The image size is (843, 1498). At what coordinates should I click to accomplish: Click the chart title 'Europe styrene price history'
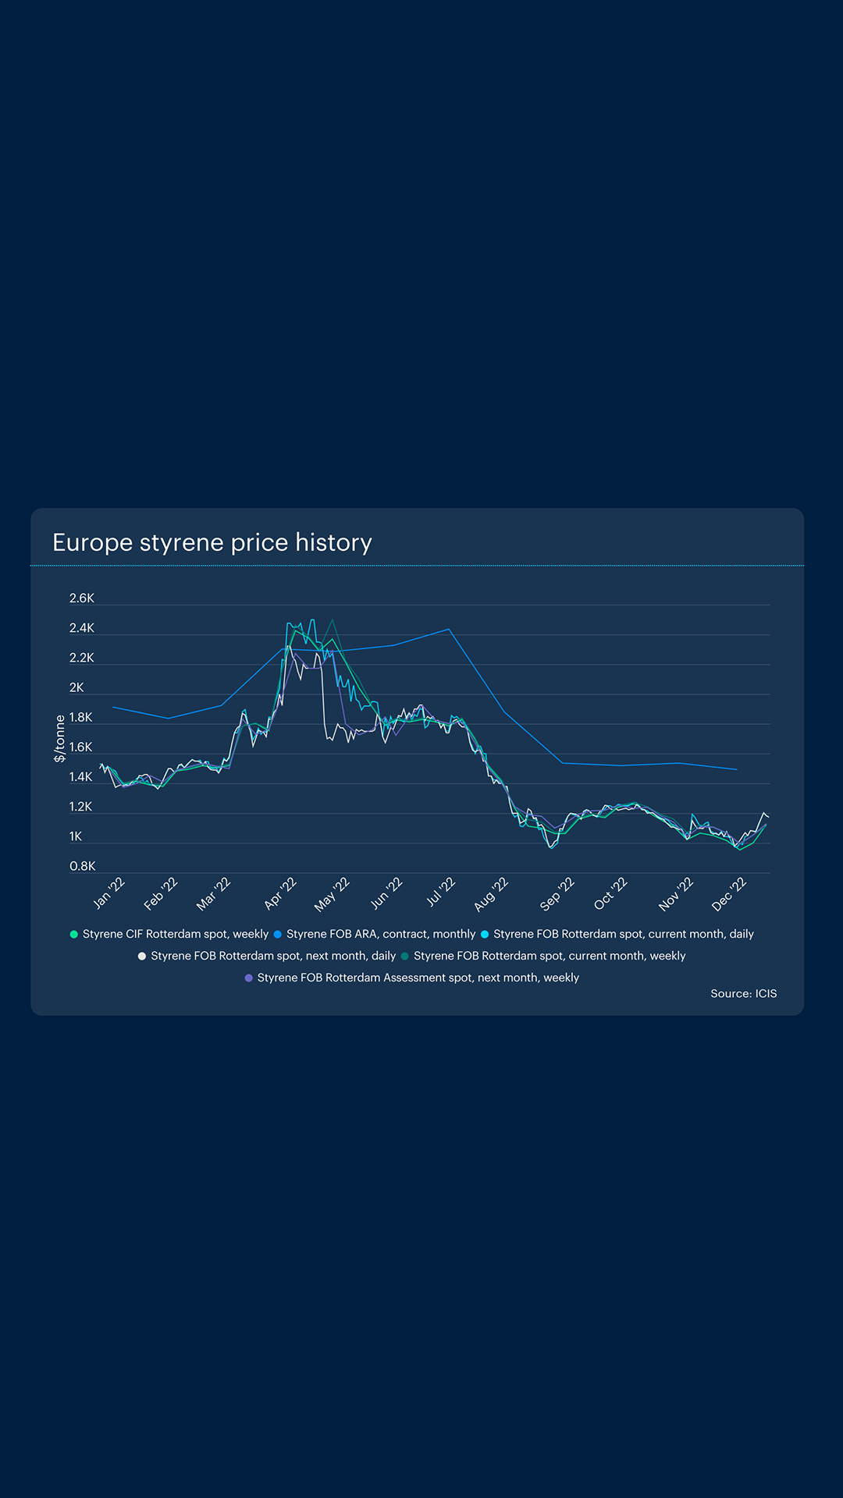click(x=212, y=542)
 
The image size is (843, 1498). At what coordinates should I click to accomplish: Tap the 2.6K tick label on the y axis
click(x=82, y=598)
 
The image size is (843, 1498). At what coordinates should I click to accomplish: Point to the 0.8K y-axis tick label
click(x=83, y=866)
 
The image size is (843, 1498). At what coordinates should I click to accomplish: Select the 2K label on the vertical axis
click(x=76, y=687)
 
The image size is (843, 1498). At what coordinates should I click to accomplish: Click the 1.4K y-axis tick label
click(x=81, y=777)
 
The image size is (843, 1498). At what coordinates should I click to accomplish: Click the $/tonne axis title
click(x=60, y=738)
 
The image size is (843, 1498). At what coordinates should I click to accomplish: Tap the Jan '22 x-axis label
click(x=109, y=893)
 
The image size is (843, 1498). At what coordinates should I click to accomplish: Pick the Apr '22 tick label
click(x=281, y=893)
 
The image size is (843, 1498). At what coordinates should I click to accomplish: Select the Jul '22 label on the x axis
click(x=441, y=893)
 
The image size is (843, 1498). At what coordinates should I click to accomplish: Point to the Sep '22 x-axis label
click(x=557, y=894)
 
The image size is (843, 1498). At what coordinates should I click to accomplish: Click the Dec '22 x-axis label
click(x=730, y=894)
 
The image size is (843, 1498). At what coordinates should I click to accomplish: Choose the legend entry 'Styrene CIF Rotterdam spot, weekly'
click(x=175, y=934)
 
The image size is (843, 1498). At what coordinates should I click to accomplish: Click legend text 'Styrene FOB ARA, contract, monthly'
click(x=380, y=934)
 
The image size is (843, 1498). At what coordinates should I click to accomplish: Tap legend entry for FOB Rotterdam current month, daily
click(x=623, y=934)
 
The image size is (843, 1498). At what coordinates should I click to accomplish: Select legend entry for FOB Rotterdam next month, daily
click(x=273, y=956)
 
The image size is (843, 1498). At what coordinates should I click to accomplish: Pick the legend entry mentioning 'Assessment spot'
click(x=418, y=978)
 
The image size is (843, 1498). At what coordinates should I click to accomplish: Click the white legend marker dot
click(x=142, y=956)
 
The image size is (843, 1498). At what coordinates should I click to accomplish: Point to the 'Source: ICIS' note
click(x=743, y=993)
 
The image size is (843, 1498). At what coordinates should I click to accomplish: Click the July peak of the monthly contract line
click(x=449, y=629)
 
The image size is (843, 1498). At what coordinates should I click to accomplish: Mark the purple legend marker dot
click(x=249, y=978)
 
